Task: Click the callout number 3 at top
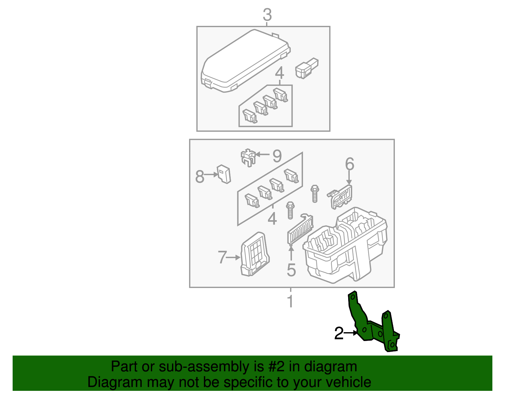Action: point(267,15)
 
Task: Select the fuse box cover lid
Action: point(246,61)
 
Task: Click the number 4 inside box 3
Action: point(279,73)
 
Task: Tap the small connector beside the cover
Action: point(306,68)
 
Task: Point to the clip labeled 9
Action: point(248,157)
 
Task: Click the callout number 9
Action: point(277,156)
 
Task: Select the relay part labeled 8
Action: point(224,174)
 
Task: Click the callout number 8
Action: point(200,177)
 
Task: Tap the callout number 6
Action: point(349,164)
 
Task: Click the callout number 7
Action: point(222,257)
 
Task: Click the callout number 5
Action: point(291,270)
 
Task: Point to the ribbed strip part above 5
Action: point(300,230)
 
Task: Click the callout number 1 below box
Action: point(290,301)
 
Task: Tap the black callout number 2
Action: point(339,334)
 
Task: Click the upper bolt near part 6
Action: point(315,193)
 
